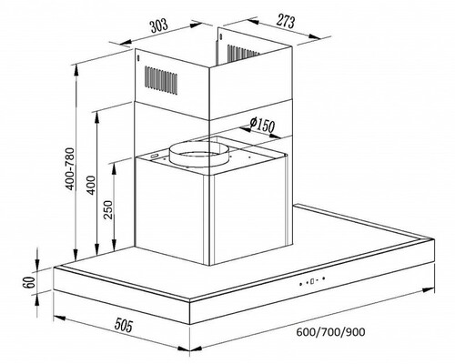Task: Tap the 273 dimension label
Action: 286,21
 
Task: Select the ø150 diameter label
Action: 262,125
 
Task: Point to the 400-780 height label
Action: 70,168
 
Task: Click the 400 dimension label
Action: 91,185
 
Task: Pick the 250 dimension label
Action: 108,209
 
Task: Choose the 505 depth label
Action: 124,325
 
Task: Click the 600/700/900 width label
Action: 330,332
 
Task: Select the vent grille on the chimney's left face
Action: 161,80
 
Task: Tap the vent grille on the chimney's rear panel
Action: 244,53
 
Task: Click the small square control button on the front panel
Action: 312,281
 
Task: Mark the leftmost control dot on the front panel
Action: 300,284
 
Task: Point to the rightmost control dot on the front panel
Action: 324,278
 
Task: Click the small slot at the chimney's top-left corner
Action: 138,57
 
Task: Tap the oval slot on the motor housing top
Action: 155,156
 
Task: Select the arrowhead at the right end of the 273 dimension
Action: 315,37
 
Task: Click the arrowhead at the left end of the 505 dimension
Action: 59,318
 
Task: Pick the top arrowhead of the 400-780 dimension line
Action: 76,71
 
